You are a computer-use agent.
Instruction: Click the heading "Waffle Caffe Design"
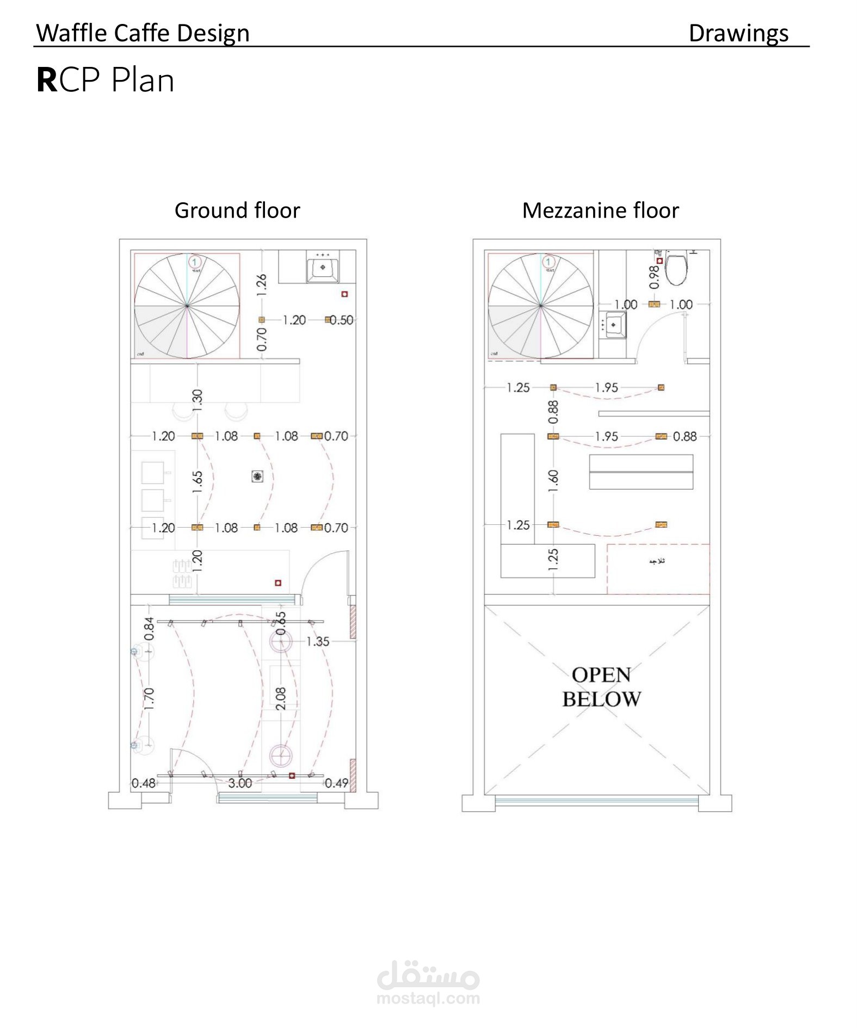[x=143, y=33]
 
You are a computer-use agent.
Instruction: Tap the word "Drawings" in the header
[x=738, y=33]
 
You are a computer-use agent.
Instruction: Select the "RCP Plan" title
[x=106, y=80]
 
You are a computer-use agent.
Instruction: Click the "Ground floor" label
[x=237, y=210]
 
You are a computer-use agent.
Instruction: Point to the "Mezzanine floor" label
[x=600, y=210]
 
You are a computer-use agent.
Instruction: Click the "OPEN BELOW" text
[x=601, y=687]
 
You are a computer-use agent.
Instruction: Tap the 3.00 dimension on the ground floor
[x=240, y=783]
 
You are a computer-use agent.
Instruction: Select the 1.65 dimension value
[x=198, y=482]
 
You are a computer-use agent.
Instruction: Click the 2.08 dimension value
[x=281, y=698]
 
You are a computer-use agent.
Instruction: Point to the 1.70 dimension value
[x=150, y=698]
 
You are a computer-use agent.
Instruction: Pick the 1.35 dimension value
[x=318, y=641]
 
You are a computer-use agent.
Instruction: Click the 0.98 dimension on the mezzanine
[x=655, y=277]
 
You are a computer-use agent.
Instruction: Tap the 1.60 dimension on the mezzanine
[x=553, y=481]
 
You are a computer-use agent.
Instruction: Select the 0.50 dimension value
[x=342, y=320]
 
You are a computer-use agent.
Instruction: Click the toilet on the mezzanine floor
[x=676, y=269]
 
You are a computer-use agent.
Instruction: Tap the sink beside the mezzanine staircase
[x=613, y=325]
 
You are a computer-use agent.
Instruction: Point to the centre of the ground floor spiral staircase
[x=187, y=306]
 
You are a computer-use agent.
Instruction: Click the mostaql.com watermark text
[x=428, y=998]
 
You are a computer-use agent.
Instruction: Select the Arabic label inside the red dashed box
[x=657, y=561]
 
